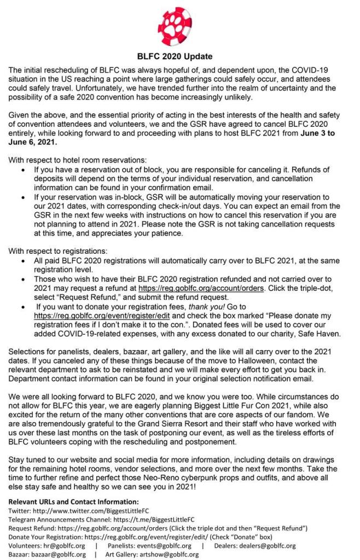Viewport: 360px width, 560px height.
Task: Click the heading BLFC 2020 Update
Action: [175, 56]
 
